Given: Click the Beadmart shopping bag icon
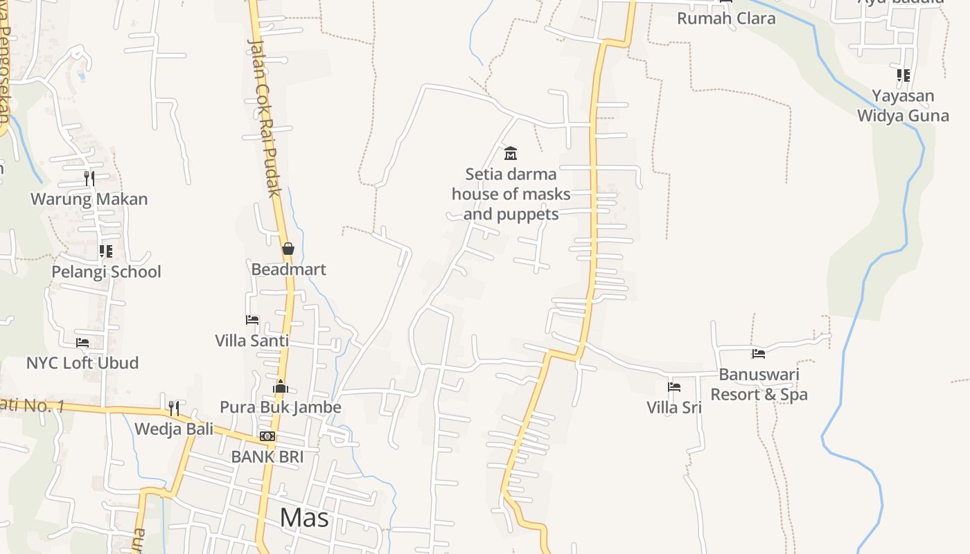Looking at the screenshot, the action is (x=288, y=249).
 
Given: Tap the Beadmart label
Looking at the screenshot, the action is (x=288, y=269).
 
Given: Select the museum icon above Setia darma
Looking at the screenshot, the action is (x=511, y=153).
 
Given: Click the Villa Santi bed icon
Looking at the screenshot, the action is (x=252, y=320).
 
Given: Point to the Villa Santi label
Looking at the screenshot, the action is (x=252, y=341).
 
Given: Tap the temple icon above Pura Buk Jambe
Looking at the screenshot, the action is (x=281, y=386).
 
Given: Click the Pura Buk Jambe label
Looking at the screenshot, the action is (x=281, y=406).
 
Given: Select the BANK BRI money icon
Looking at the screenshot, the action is (x=267, y=436).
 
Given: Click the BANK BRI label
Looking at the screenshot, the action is (x=267, y=456).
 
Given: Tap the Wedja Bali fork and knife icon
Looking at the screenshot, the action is (x=174, y=409).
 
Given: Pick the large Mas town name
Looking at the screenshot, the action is (x=304, y=517).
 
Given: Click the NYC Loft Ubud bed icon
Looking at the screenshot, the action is (x=82, y=343).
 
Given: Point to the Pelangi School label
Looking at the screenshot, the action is (x=106, y=271).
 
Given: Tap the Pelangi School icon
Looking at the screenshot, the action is (x=105, y=251).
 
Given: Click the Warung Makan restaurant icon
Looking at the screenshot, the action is (x=89, y=179).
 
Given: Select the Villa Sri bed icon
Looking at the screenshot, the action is (x=674, y=387).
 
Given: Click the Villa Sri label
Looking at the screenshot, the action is (x=674, y=407).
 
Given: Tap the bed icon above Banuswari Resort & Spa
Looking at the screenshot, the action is (x=759, y=354).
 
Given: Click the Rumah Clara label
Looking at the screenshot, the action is (x=726, y=19).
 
